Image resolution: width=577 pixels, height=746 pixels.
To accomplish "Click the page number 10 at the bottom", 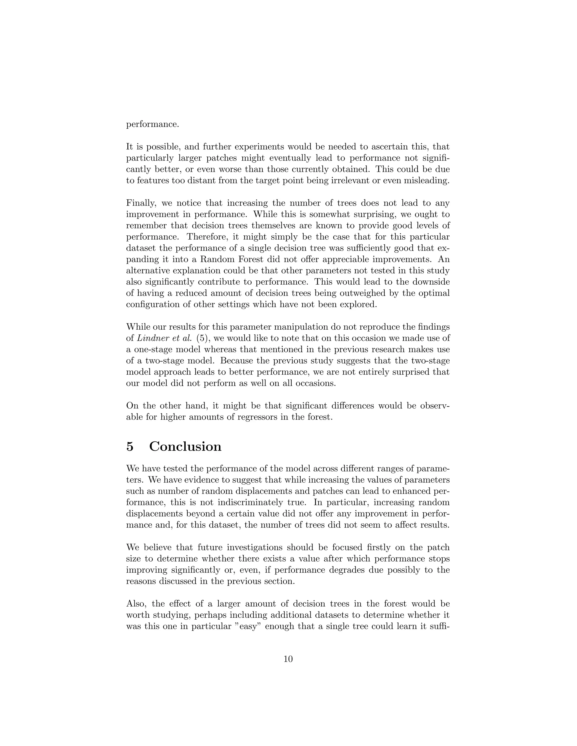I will point(288,659).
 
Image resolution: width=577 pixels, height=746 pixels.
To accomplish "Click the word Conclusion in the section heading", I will point(185,446).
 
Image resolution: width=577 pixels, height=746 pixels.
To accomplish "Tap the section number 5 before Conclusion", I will point(130,446).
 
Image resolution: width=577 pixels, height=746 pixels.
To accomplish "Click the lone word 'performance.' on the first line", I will point(152,124).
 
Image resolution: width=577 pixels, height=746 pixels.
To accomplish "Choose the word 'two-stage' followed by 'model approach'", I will point(431,361).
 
